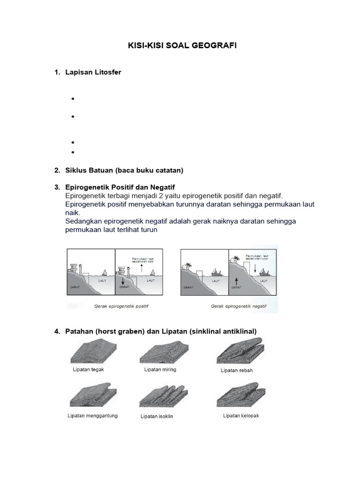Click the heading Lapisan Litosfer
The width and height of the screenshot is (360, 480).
[x=93, y=72]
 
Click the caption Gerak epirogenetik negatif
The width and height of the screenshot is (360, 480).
[x=239, y=306]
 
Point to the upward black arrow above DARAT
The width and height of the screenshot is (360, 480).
[x=237, y=281]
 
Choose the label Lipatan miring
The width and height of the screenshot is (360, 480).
[x=160, y=369]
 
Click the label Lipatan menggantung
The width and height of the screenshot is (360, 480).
[x=92, y=415]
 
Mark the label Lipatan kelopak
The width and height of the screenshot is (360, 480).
[x=241, y=415]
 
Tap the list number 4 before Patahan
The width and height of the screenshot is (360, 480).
[x=57, y=331]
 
